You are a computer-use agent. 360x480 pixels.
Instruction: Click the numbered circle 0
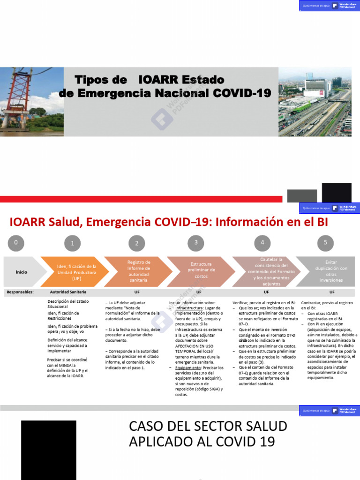[16, 243]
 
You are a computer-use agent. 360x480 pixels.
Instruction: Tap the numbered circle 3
[196, 243]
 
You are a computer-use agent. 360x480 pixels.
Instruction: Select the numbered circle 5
[325, 243]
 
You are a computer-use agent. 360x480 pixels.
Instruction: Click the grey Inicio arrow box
[22, 272]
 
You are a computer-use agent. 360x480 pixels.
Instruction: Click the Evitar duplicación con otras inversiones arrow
[330, 271]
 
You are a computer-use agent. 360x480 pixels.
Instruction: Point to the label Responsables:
[20, 292]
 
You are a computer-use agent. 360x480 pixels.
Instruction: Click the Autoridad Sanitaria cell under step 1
[68, 292]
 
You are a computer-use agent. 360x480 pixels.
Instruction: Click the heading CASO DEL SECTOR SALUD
[208, 426]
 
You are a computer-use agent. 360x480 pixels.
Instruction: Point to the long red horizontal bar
[141, 199]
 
